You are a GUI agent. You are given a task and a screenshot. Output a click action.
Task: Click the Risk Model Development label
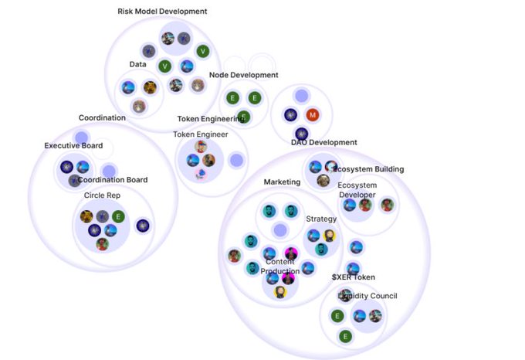[x=162, y=12]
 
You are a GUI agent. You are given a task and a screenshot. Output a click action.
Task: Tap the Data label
[x=137, y=64]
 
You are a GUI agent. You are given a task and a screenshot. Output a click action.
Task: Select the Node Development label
[x=243, y=75]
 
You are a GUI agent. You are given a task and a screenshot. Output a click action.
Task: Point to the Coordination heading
[x=102, y=117]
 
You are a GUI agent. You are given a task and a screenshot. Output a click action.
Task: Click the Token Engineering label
[x=211, y=119]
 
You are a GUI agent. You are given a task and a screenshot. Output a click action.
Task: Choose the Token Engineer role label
[x=200, y=134]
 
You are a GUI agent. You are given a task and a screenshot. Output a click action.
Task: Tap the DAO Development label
[x=323, y=142]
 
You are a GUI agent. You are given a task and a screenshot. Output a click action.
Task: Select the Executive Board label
[x=73, y=145]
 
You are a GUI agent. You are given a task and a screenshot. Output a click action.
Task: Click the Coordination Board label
[x=113, y=180]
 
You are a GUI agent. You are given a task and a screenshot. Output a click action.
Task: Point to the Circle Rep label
[x=102, y=195]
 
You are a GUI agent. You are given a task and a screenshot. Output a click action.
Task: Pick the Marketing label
[x=282, y=182]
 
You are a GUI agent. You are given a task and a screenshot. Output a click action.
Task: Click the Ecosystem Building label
[x=368, y=169]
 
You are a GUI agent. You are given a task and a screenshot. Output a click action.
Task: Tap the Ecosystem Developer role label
[x=357, y=190]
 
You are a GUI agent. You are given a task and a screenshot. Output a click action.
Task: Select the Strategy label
[x=321, y=219]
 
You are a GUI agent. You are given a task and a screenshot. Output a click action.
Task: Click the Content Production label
[x=279, y=267]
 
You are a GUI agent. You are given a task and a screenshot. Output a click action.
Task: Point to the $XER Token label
[x=354, y=277]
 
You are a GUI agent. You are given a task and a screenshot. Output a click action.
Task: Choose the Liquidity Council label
[x=367, y=295]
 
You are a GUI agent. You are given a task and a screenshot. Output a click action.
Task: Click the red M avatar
[x=313, y=115]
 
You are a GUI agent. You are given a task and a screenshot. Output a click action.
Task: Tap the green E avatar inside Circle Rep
[x=117, y=216]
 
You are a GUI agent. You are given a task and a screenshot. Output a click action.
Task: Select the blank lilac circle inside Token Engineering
[x=236, y=160]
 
